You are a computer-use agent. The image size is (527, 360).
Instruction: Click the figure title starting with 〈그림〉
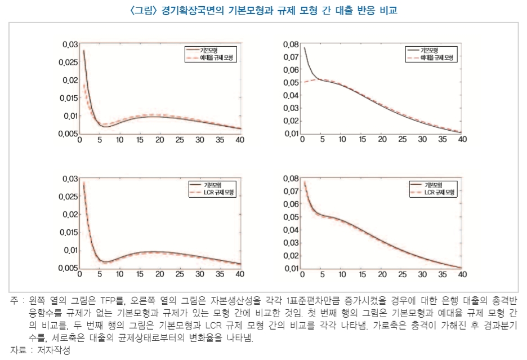click(263, 10)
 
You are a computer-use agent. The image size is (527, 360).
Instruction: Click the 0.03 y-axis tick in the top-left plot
click(70, 45)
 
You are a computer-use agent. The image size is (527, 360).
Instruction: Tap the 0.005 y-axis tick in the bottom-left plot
click(69, 268)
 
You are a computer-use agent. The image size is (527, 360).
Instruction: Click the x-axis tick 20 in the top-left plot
click(159, 140)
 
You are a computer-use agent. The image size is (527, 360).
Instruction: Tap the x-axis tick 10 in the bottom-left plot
click(119, 274)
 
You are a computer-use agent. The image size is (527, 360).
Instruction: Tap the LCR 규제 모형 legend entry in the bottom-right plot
click(437, 192)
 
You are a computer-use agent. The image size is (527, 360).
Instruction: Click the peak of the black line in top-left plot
click(84, 51)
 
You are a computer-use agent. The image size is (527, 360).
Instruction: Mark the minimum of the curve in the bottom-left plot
click(105, 262)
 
